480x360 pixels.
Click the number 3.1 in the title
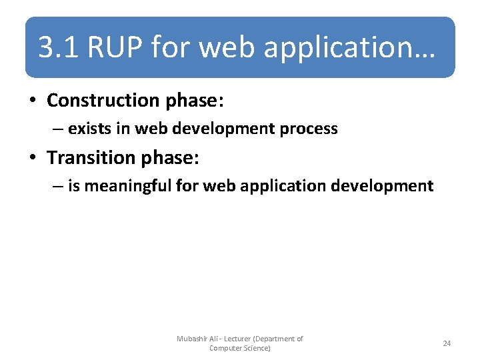[x=59, y=48]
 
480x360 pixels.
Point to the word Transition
[x=89, y=158]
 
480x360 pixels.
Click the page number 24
[x=447, y=343]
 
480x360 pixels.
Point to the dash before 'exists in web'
[x=58, y=129]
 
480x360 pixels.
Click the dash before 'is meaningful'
[x=58, y=186]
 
